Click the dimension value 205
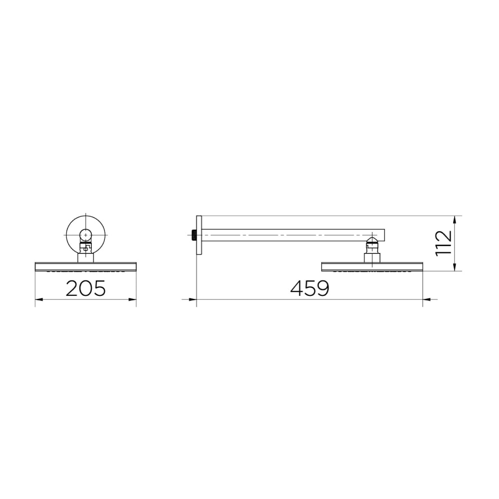pos(86,288)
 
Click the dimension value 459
pos(310,288)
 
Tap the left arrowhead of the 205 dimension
pos(39,299)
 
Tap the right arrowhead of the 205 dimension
pos(132,299)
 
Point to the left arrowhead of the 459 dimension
pos(192,299)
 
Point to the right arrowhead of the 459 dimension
pos(427,299)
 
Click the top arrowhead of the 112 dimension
pos(455,220)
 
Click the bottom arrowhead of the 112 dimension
pos(455,267)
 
